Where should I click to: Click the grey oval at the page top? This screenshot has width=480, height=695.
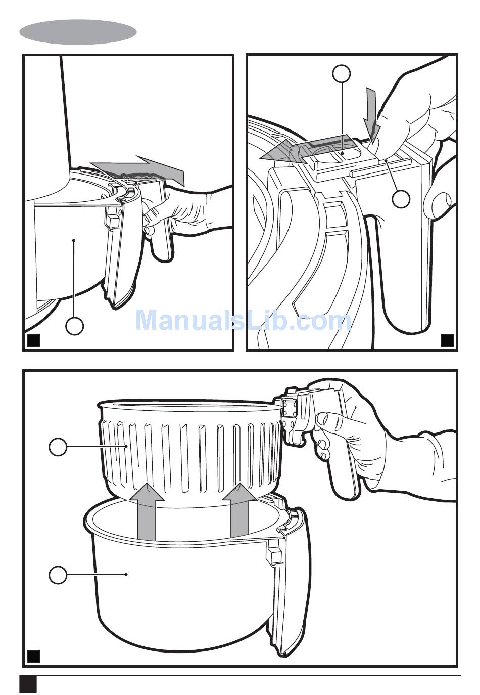click(78, 32)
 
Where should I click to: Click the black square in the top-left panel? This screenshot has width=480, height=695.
click(33, 340)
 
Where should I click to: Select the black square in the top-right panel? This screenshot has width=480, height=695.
click(447, 340)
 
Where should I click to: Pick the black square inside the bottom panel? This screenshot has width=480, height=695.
click(33, 656)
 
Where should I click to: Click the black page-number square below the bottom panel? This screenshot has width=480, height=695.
click(28, 684)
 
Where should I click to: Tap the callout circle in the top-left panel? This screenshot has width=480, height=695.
click(74, 326)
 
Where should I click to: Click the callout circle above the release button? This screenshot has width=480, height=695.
click(342, 74)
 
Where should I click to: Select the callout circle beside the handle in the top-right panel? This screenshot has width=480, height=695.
click(401, 199)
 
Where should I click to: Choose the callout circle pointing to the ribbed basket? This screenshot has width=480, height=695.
click(58, 446)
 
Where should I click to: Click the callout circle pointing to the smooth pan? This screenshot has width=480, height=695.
click(58, 575)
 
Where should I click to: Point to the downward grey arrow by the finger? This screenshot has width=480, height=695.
click(372, 114)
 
